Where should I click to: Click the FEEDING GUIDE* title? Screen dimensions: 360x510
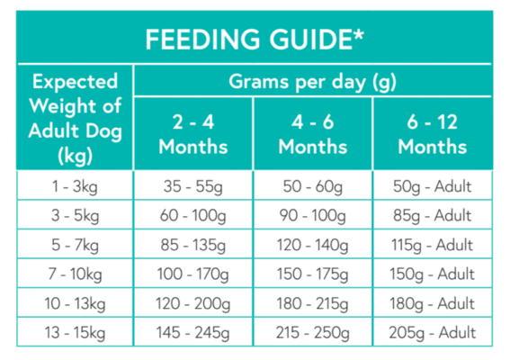[x=254, y=40]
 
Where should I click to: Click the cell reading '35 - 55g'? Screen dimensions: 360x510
[x=192, y=187]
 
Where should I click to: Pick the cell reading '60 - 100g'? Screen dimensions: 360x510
[x=192, y=216]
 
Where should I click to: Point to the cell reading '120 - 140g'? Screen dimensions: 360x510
[x=312, y=245]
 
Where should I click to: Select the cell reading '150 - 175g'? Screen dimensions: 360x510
[x=312, y=274]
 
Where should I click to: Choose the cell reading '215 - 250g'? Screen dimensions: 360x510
[x=312, y=332]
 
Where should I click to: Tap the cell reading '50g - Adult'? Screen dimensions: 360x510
[x=433, y=187]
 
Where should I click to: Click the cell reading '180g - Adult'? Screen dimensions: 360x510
[x=433, y=303]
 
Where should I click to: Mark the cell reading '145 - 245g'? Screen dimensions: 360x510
[x=192, y=332]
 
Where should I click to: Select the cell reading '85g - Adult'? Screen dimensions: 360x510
[x=433, y=216]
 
